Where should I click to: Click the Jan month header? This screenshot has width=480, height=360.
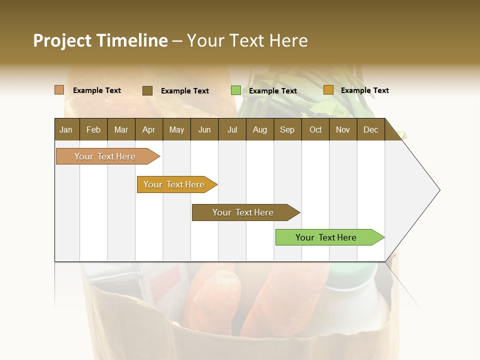(66, 129)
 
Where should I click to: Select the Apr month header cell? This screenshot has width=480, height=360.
(149, 129)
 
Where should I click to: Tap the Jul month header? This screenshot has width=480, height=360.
(232, 129)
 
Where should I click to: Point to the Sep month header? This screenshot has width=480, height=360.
(287, 129)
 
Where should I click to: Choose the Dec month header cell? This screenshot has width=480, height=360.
(370, 129)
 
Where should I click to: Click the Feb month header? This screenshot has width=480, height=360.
(93, 129)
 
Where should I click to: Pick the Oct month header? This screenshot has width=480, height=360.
(315, 129)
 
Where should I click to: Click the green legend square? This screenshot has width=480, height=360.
(236, 90)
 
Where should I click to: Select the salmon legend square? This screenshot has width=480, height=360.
(59, 90)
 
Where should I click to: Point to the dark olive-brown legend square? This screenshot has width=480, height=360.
(147, 90)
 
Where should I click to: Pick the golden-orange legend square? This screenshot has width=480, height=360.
(328, 90)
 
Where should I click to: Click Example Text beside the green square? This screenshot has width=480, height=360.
(272, 90)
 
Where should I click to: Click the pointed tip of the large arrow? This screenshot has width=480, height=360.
(438, 190)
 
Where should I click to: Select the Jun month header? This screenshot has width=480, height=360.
(204, 129)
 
